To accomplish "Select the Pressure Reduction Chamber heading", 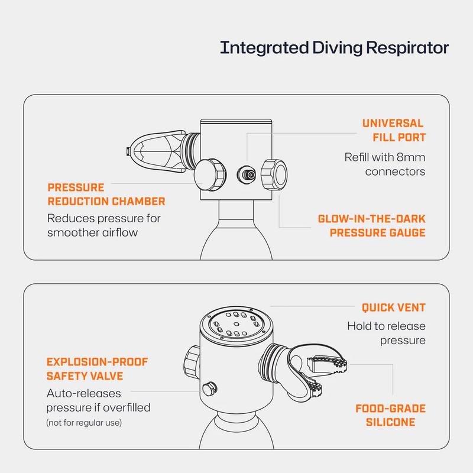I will tap(106, 195).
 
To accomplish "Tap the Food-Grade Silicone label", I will tap(391, 416).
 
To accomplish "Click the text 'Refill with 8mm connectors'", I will tap(384, 165).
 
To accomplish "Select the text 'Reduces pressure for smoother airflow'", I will tap(103, 225).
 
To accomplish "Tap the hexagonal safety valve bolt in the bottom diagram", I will tap(208, 388).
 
